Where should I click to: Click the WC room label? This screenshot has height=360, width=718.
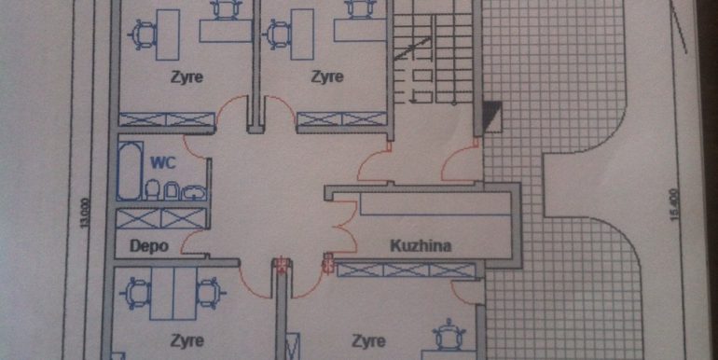pyautogui.click(x=163, y=162)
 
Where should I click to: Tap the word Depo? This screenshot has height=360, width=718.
pyautogui.click(x=149, y=246)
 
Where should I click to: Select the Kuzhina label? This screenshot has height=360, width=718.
pyautogui.click(x=421, y=246)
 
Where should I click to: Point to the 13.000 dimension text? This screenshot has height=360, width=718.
pyautogui.click(x=84, y=213)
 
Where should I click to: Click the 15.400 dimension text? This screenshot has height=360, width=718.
pyautogui.click(x=673, y=205)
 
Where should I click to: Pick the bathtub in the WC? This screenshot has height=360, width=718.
pyautogui.click(x=129, y=171)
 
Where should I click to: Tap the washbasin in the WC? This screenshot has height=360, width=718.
pyautogui.click(x=194, y=192)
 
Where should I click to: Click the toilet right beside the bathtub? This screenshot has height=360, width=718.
pyautogui.click(x=152, y=189)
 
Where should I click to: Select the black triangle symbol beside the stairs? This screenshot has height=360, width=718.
pyautogui.click(x=491, y=117)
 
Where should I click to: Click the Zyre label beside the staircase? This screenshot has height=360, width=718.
pyautogui.click(x=327, y=76)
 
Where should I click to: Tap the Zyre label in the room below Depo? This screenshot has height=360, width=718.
pyautogui.click(x=186, y=340)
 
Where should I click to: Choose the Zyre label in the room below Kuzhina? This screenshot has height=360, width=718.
pyautogui.click(x=368, y=341)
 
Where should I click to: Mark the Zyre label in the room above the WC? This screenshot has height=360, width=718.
pyautogui.click(x=186, y=76)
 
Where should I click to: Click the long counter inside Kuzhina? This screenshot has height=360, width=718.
pyautogui.click(x=435, y=204)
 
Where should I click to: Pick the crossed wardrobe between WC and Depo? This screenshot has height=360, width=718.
pyautogui.click(x=161, y=218)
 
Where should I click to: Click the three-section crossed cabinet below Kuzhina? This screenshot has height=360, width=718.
pyautogui.click(x=407, y=270)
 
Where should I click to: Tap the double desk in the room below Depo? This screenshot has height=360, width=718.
pyautogui.click(x=174, y=293)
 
